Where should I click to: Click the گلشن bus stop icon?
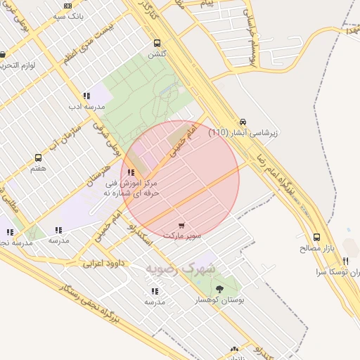click(157, 42)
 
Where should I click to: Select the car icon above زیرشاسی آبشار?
click(243, 121)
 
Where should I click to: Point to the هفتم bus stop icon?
click(39, 158)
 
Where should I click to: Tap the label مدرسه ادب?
click(86, 106)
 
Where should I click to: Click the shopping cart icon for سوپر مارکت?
click(182, 226)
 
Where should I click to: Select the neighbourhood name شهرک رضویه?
click(181, 269)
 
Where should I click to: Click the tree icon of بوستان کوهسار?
click(220, 289)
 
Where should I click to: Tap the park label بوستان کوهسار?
click(220, 300)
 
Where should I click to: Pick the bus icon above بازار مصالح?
click(316, 238)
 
